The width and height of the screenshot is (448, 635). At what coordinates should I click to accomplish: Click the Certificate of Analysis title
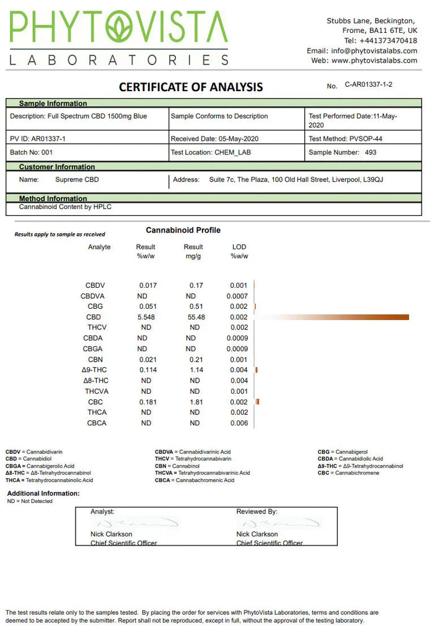[191, 87]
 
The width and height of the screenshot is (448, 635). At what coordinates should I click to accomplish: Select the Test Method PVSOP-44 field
[341, 139]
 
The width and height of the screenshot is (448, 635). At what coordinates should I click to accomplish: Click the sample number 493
[370, 152]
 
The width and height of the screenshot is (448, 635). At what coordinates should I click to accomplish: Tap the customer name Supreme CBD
[77, 180]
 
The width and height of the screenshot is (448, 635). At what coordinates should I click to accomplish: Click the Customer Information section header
[57, 167]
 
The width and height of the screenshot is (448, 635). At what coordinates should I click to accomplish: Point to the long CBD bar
[335, 317]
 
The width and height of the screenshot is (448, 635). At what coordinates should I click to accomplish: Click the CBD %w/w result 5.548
[147, 317]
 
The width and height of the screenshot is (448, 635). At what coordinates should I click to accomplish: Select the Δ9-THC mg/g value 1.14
[195, 370]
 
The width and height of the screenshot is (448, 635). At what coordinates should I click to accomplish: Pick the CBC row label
[95, 402]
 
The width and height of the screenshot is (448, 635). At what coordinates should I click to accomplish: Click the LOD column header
[239, 247]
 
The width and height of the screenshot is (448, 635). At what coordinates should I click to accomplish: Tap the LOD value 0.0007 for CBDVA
[237, 296]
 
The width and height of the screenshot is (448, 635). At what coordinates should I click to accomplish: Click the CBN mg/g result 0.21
[195, 360]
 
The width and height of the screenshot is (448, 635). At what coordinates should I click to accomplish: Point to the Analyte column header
[99, 247]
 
